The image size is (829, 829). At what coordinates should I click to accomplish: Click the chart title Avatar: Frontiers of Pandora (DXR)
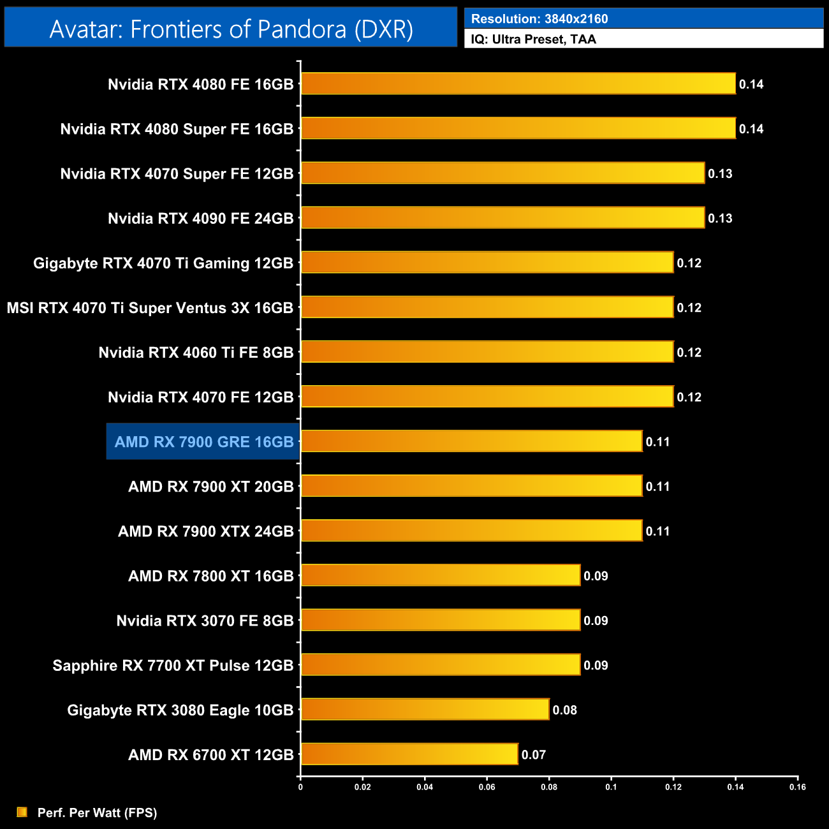click(231, 29)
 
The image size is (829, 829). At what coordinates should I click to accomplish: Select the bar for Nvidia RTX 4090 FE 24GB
click(503, 218)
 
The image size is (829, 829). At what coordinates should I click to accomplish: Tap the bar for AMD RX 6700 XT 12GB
click(409, 754)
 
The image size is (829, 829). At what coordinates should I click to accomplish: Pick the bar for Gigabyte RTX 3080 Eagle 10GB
click(425, 710)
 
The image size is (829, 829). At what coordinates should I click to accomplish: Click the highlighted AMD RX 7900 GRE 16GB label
click(203, 442)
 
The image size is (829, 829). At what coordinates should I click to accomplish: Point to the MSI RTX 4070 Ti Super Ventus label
click(150, 308)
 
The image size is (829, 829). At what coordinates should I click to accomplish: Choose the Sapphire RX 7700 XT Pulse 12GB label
click(173, 666)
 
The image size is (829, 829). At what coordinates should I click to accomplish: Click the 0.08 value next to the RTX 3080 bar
click(564, 710)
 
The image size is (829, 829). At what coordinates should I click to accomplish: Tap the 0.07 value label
click(534, 755)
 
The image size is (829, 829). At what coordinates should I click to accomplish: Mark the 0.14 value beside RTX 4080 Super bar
click(751, 129)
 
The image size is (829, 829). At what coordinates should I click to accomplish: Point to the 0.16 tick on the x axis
click(798, 787)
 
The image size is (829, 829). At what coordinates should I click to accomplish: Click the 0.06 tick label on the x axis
click(487, 787)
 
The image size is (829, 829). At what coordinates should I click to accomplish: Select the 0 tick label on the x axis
click(300, 787)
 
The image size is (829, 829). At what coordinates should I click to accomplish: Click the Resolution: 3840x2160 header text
click(539, 19)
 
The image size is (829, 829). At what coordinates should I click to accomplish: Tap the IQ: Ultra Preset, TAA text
click(534, 40)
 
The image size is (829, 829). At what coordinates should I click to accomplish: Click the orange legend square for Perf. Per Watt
click(22, 812)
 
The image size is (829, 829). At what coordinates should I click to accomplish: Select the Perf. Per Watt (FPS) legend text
click(97, 812)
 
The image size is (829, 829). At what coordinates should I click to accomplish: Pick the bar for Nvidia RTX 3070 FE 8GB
click(441, 620)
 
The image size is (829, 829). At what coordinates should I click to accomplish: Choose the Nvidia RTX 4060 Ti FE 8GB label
click(196, 353)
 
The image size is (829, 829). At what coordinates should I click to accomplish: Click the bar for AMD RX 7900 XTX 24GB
click(472, 531)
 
